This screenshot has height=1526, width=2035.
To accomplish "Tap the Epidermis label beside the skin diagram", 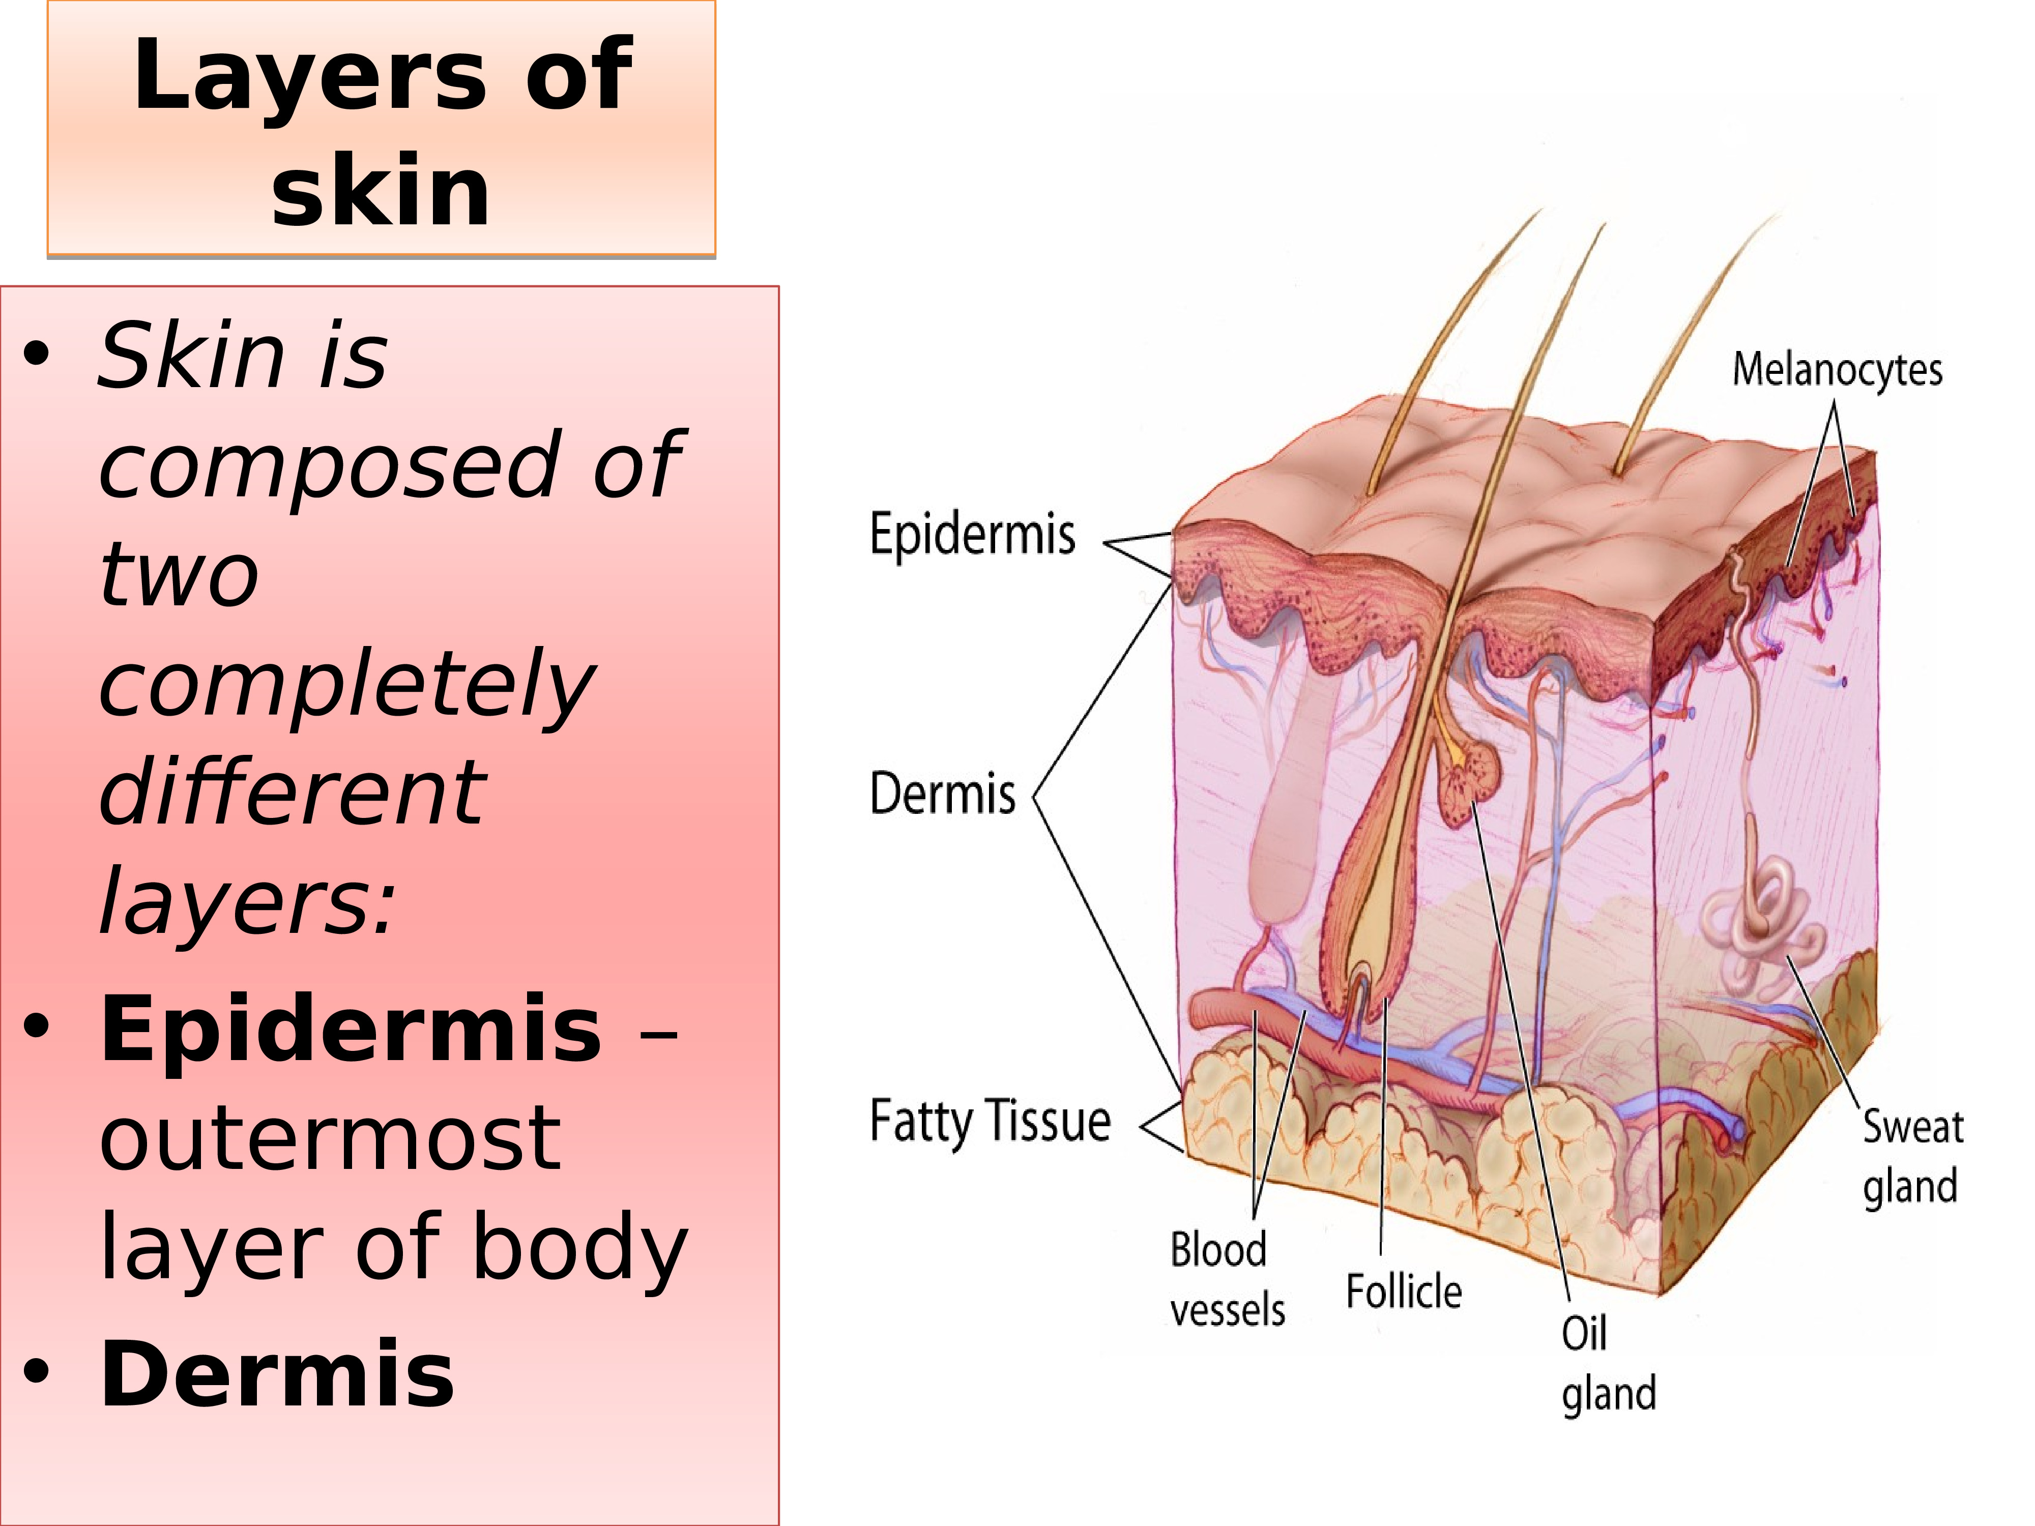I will (x=972, y=535).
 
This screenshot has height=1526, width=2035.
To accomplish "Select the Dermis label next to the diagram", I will (x=943, y=794).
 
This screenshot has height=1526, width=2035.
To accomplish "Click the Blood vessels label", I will (x=1226, y=1279).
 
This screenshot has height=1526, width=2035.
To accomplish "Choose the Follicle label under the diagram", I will (x=1404, y=1292).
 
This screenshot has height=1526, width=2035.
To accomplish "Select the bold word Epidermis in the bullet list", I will (x=351, y=1030).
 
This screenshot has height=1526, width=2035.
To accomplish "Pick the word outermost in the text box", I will (x=329, y=1139).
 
